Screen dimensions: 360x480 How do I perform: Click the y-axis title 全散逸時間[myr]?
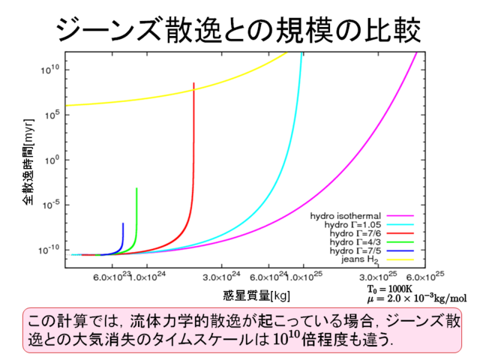pyautogui.click(x=28, y=161)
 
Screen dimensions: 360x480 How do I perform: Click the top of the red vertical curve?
pyautogui.click(x=193, y=83)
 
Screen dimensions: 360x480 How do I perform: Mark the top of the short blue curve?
pyautogui.click(x=123, y=223)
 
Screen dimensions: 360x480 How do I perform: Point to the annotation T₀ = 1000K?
pyautogui.click(x=390, y=288)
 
